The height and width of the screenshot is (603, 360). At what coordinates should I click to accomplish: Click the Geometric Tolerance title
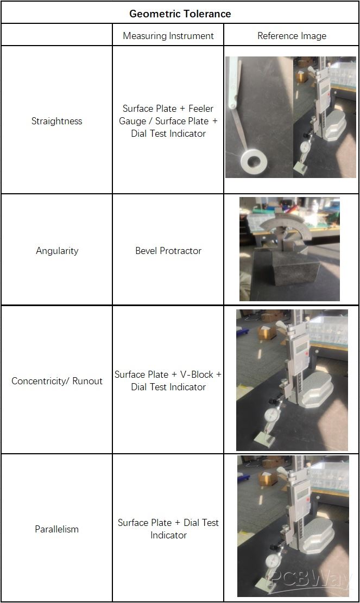(180, 14)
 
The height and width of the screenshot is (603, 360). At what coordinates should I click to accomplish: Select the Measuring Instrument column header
(168, 36)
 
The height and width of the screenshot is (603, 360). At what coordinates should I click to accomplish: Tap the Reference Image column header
(292, 36)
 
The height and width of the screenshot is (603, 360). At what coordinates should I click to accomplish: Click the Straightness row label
(56, 121)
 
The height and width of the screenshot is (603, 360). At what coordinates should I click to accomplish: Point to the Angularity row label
(57, 251)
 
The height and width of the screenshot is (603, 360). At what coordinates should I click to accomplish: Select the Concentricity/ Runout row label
(57, 381)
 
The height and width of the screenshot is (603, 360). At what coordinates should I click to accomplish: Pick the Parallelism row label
(56, 529)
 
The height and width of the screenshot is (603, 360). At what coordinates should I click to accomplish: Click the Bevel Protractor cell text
(168, 251)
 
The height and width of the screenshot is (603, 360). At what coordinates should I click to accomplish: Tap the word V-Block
(197, 375)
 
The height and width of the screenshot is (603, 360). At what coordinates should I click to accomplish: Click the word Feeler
(201, 109)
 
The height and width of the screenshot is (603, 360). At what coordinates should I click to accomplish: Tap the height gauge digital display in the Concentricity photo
(301, 349)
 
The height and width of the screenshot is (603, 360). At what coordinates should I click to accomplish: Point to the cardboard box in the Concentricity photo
(267, 332)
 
